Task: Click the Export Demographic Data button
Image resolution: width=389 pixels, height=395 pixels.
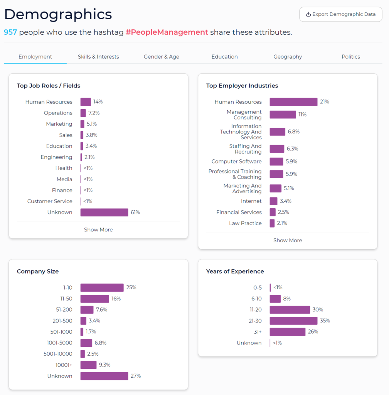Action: pyautogui.click(x=341, y=14)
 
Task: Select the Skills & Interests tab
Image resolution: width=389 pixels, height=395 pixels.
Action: pyautogui.click(x=98, y=57)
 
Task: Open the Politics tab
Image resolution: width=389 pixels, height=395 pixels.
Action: pyautogui.click(x=351, y=57)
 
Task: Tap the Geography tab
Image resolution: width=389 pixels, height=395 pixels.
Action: pyautogui.click(x=288, y=57)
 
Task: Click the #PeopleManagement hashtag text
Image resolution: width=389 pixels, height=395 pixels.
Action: pyautogui.click(x=167, y=32)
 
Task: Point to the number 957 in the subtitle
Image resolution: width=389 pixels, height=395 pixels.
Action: pyautogui.click(x=10, y=32)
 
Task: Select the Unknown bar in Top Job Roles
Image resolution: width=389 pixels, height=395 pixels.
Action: pyautogui.click(x=104, y=213)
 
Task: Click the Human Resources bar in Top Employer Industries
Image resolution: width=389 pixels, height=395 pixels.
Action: pyautogui.click(x=293, y=102)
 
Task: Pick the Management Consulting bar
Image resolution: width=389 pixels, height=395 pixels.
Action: pyautogui.click(x=283, y=115)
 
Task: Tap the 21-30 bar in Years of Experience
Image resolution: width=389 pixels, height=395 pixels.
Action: pyautogui.click(x=293, y=321)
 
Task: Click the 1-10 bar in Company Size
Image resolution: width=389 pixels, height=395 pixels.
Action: pyautogui.click(x=102, y=287)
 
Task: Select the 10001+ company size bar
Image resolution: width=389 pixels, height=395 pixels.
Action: pyautogui.click(x=88, y=365)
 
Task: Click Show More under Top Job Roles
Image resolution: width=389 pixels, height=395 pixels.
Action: pyautogui.click(x=98, y=230)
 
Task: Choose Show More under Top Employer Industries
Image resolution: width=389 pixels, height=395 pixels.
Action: pyautogui.click(x=288, y=240)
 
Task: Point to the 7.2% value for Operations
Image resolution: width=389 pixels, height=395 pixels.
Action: pyautogui.click(x=94, y=113)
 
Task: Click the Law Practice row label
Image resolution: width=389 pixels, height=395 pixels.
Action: pyautogui.click(x=245, y=223)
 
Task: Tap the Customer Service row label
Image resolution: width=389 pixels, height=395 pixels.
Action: pyautogui.click(x=50, y=201)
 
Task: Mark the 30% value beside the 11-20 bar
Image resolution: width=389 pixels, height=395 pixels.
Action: pyautogui.click(x=318, y=310)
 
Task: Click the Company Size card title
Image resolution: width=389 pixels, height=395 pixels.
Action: pyautogui.click(x=38, y=271)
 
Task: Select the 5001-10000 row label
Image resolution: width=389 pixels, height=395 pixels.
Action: pyautogui.click(x=58, y=354)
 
